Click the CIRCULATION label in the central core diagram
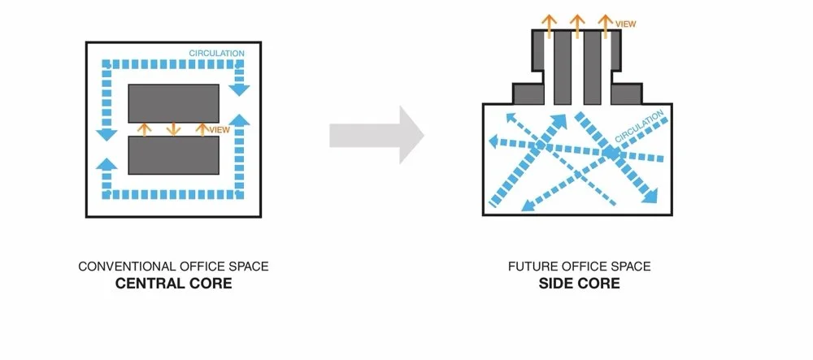tap(216, 54)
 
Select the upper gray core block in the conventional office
tap(173, 103)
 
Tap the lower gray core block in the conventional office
tap(173, 155)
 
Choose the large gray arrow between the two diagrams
tap(377, 134)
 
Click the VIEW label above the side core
tap(625, 24)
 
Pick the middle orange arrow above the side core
tap(577, 25)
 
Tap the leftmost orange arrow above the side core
tap(550, 25)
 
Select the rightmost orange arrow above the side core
tap(604, 25)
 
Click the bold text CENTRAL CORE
tap(173, 284)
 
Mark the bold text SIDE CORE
tap(578, 284)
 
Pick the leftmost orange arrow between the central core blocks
tap(145, 128)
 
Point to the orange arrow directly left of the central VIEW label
tap(202, 128)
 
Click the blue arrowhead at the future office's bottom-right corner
tap(650, 197)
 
